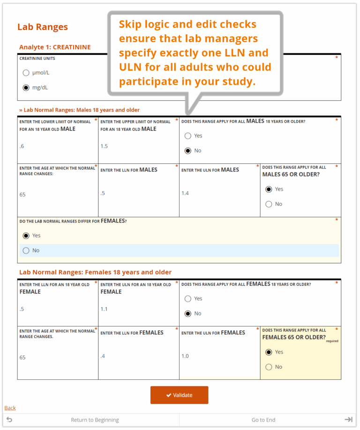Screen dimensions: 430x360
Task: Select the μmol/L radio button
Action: tap(26, 73)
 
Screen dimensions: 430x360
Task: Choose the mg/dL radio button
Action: tap(26, 88)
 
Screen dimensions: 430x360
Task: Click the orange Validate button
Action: tap(179, 395)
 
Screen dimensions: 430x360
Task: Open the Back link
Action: tap(10, 408)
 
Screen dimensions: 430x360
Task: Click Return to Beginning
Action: tap(95, 420)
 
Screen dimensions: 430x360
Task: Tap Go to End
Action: tap(263, 420)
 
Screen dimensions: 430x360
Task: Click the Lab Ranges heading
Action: tap(43, 27)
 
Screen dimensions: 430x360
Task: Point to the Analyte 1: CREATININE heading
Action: tap(55, 47)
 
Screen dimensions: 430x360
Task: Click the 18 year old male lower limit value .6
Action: tap(22, 146)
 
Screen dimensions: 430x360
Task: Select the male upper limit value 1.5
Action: tap(104, 146)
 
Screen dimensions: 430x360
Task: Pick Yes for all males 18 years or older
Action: tap(188, 136)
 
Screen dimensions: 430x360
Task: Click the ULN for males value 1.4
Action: tap(185, 193)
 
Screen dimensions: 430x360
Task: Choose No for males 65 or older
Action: tap(269, 204)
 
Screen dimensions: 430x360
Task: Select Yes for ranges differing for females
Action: tap(26, 236)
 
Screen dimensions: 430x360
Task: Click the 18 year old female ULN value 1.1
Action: tap(104, 309)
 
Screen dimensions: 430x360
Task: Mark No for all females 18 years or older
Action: tap(188, 314)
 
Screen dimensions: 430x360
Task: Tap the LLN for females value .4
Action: tap(103, 356)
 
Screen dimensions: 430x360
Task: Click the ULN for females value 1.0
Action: tap(185, 356)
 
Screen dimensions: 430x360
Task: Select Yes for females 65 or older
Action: tap(269, 352)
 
